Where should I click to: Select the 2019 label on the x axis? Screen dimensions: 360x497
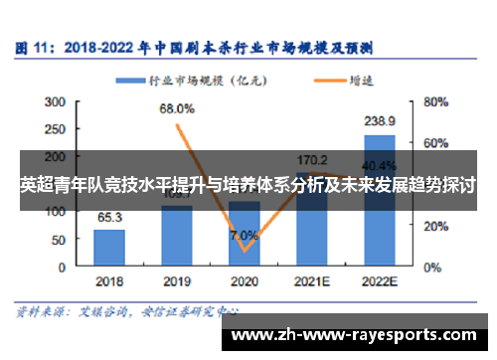click(x=176, y=281)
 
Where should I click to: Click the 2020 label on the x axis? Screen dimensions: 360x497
click(x=244, y=281)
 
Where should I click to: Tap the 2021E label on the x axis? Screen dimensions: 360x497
click(x=311, y=281)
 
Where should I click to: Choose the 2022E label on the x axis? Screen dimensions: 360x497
click(x=379, y=281)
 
